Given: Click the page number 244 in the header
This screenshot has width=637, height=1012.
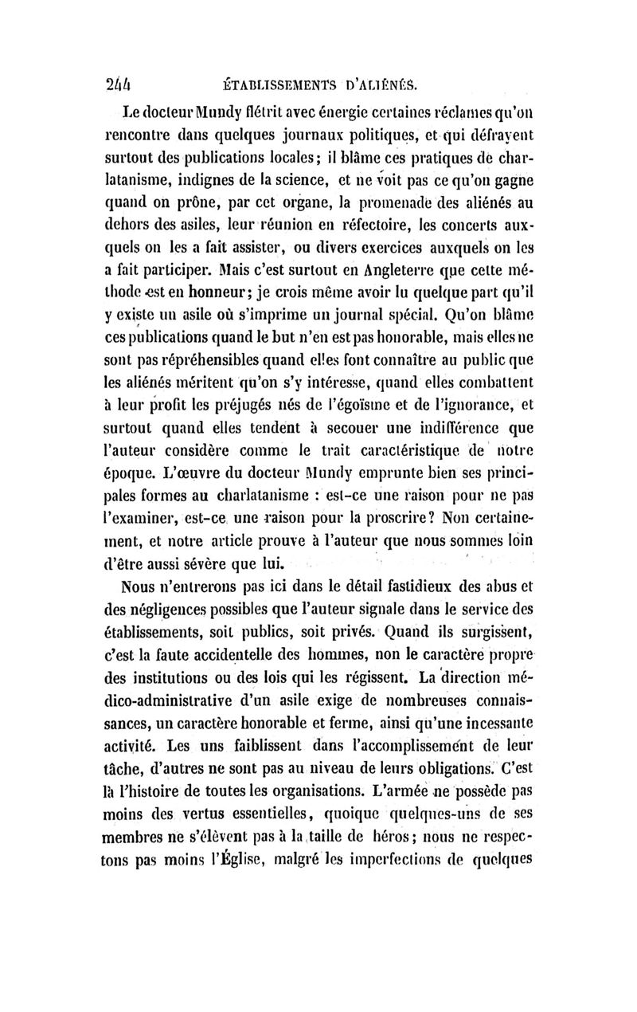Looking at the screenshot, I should (x=119, y=80).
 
